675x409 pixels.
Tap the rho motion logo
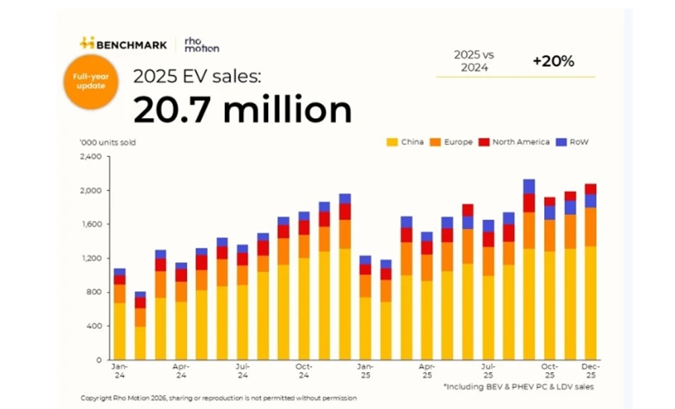pyautogui.click(x=201, y=44)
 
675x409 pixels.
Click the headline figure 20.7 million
pyautogui.click(x=242, y=110)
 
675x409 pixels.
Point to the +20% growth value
pyautogui.click(x=553, y=61)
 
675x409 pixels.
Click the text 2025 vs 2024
pyautogui.click(x=475, y=62)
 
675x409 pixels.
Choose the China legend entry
pyautogui.click(x=405, y=142)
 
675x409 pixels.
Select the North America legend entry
pyautogui.click(x=514, y=142)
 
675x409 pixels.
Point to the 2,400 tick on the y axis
pyautogui.click(x=90, y=156)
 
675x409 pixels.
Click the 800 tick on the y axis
pyautogui.click(x=93, y=292)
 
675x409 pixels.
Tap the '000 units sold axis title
pyautogui.click(x=107, y=142)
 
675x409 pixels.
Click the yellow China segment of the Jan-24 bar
pyautogui.click(x=119, y=330)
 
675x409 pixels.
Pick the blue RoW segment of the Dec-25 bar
pyautogui.click(x=591, y=201)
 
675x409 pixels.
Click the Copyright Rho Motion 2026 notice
pyautogui.click(x=218, y=398)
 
